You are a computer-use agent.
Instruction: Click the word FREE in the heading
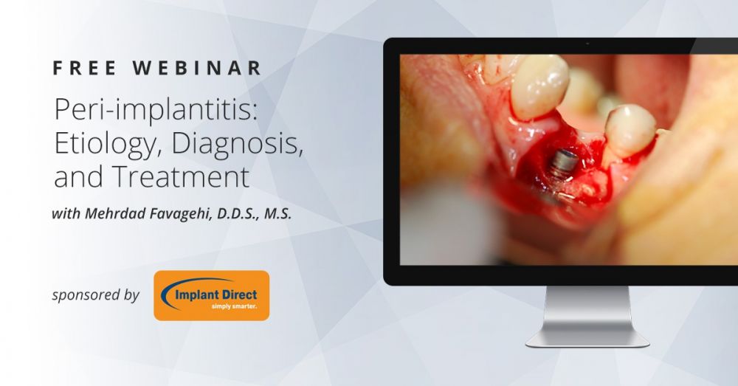tap(85, 68)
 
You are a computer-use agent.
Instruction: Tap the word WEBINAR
tap(197, 68)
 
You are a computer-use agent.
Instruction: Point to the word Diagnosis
tap(237, 144)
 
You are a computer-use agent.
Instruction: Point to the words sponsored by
tap(95, 295)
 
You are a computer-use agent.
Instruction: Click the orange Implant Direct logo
tap(212, 296)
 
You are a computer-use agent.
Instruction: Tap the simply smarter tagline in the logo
tap(234, 306)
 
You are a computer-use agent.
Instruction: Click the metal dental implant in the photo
tap(561, 164)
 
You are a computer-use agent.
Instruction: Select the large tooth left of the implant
tap(539, 86)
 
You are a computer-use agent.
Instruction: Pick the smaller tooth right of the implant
tap(629, 130)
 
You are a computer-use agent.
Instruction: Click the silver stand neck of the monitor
tap(587, 309)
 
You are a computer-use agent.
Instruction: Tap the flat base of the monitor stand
tap(587, 340)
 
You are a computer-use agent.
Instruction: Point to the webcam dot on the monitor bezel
tap(587, 44)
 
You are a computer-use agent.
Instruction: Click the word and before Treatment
tap(79, 176)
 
